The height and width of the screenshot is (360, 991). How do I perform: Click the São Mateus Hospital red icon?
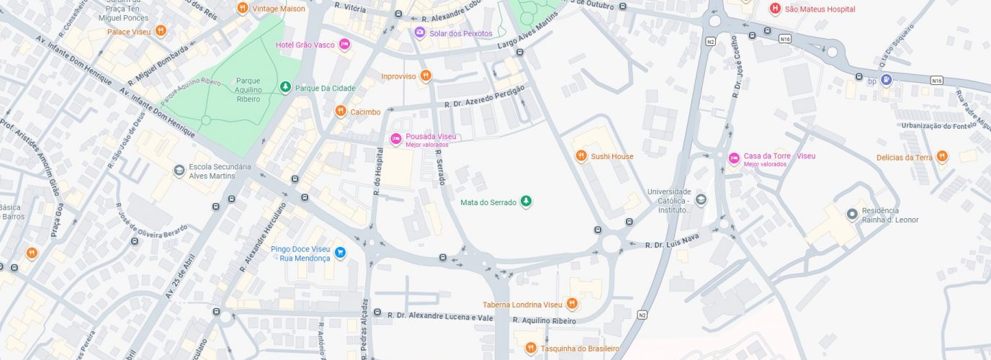point(775,9)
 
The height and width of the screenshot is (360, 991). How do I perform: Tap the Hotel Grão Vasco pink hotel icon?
point(344,45)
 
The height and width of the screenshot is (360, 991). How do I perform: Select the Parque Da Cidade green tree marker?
point(286,88)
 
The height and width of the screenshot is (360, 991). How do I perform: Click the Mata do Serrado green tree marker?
point(526,202)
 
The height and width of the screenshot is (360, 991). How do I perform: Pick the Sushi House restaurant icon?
point(581,156)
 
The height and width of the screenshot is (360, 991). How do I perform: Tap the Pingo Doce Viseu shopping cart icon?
point(340,252)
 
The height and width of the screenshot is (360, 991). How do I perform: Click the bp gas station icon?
point(887,80)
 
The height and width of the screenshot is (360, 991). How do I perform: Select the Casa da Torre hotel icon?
point(734,158)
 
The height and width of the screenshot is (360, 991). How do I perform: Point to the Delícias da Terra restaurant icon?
point(942,157)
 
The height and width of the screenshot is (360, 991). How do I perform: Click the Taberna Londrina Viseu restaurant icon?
point(572,304)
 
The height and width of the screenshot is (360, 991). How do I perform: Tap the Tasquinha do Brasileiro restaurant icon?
point(531,348)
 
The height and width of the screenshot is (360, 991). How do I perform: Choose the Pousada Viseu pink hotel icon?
point(395,139)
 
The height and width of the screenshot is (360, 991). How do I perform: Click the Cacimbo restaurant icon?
point(341,111)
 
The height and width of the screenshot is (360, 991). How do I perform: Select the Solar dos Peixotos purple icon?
point(419,32)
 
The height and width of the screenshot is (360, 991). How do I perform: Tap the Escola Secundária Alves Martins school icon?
point(179,171)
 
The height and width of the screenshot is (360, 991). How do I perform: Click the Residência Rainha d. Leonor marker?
point(853,214)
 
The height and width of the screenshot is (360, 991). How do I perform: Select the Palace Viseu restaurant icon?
point(161,31)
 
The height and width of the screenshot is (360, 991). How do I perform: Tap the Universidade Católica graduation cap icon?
point(701,199)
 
